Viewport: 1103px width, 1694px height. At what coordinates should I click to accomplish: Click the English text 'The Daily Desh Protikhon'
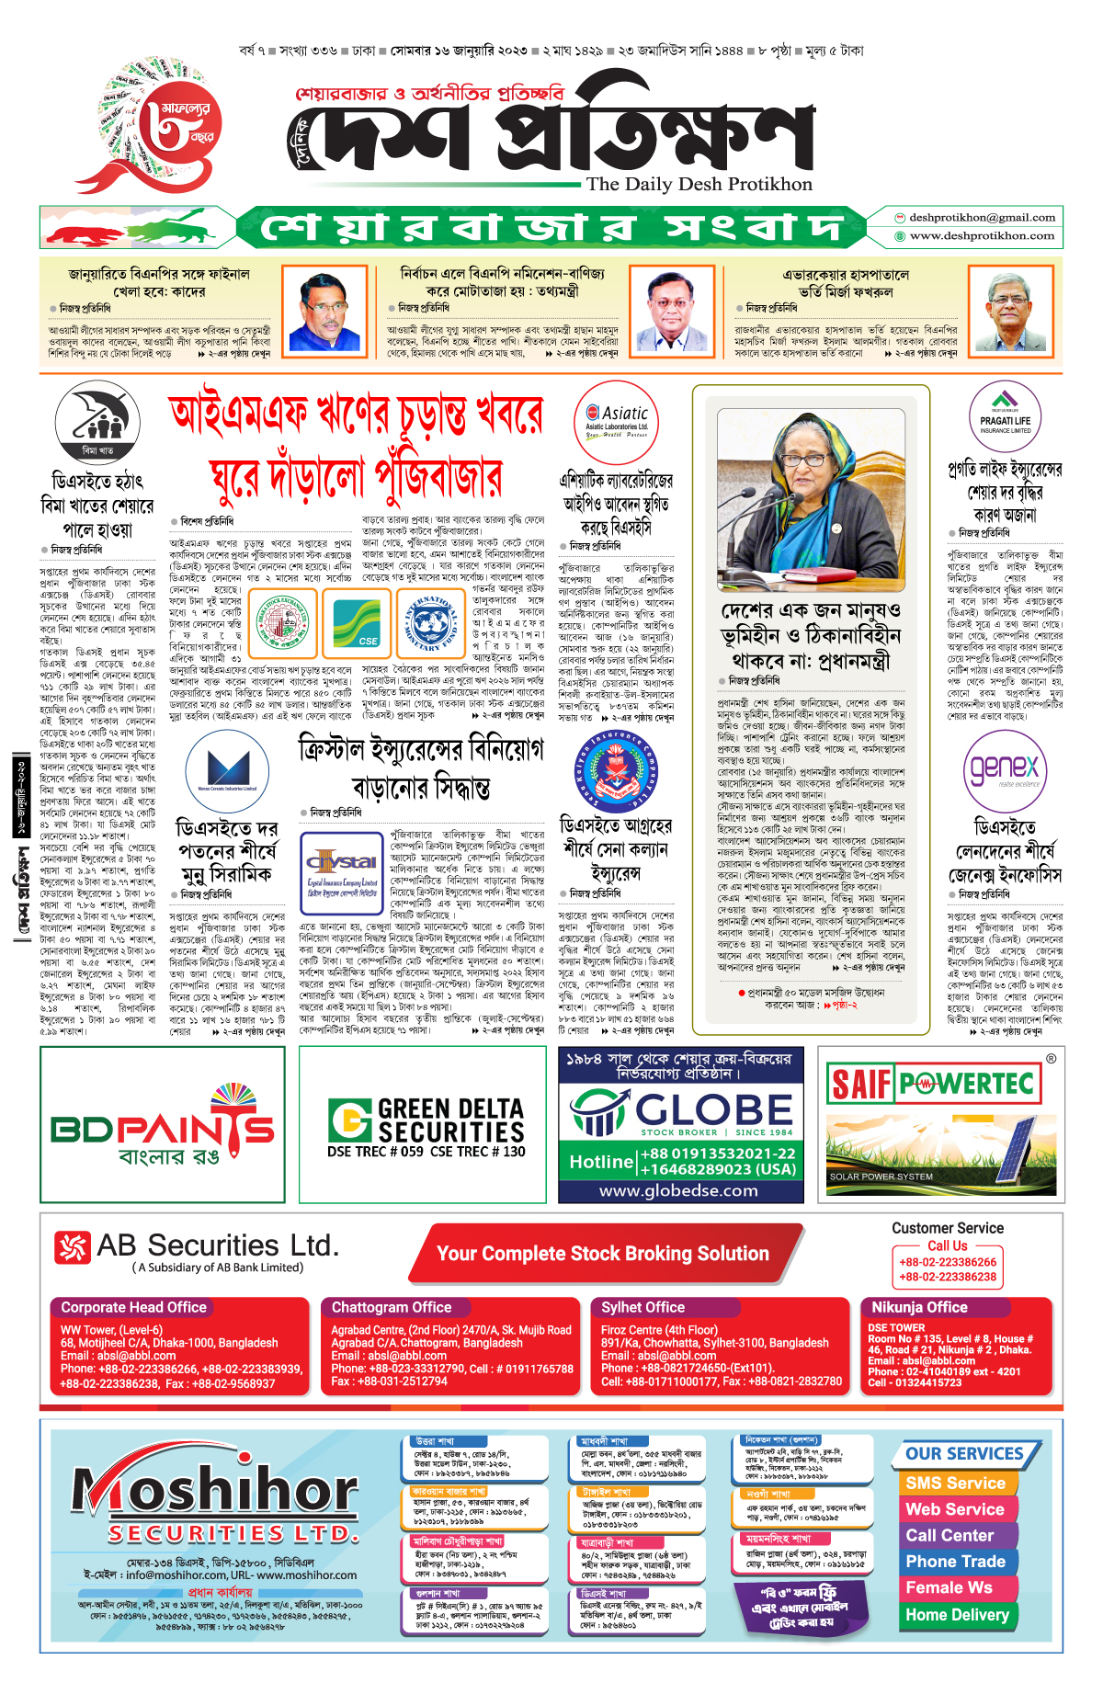coord(699,185)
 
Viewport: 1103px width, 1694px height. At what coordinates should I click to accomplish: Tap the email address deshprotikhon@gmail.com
coord(982,218)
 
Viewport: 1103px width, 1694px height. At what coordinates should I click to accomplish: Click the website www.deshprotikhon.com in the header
coord(982,236)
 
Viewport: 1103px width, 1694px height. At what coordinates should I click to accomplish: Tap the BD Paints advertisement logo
coord(163,1126)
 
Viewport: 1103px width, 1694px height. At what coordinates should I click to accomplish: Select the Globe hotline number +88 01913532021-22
coord(718,1154)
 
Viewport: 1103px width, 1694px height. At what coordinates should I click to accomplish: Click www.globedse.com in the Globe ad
coord(678,1191)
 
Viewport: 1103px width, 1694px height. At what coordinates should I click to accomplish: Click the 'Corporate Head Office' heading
coord(133,1307)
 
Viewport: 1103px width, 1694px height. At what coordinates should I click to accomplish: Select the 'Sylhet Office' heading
coord(642,1307)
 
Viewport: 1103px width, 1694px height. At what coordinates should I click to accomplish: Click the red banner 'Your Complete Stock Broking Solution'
coord(603,1254)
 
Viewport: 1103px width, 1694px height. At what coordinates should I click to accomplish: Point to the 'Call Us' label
coord(947,1245)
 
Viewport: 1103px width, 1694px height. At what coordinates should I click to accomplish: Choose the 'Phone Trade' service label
coord(955,1562)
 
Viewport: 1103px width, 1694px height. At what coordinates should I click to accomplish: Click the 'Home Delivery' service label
coord(957,1615)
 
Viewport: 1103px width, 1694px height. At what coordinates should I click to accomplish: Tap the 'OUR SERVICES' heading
coord(964,1453)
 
